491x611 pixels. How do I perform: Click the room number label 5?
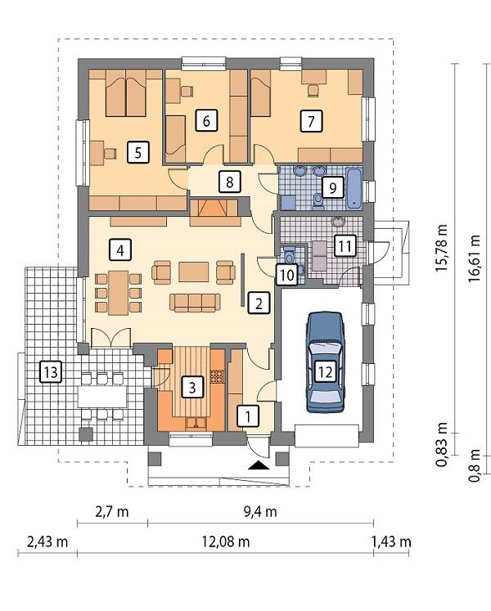pyautogui.click(x=138, y=151)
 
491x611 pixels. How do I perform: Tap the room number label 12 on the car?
pyautogui.click(x=325, y=372)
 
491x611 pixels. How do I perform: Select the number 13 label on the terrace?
pyautogui.click(x=50, y=372)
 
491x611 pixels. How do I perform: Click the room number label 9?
pyautogui.click(x=331, y=187)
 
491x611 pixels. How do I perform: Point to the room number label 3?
pyautogui.click(x=191, y=387)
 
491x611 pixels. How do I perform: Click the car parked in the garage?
pyautogui.click(x=325, y=362)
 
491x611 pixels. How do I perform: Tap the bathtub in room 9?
pyautogui.click(x=354, y=188)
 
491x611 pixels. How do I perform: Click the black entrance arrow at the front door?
pyautogui.click(x=258, y=465)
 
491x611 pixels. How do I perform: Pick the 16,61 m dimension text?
pyautogui.click(x=475, y=258)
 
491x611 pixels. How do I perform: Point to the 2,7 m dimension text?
pyautogui.click(x=111, y=512)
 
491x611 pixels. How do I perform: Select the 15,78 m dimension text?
pyautogui.click(x=443, y=249)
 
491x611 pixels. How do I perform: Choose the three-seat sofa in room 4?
pyautogui.click(x=195, y=303)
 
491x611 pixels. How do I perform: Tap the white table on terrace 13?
pyautogui.click(x=102, y=396)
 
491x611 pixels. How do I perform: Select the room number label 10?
pyautogui.click(x=286, y=275)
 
